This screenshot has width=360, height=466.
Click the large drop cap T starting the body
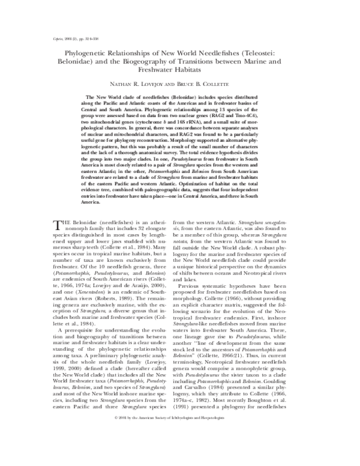point(58,226)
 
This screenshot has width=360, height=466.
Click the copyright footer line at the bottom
point(180,450)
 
